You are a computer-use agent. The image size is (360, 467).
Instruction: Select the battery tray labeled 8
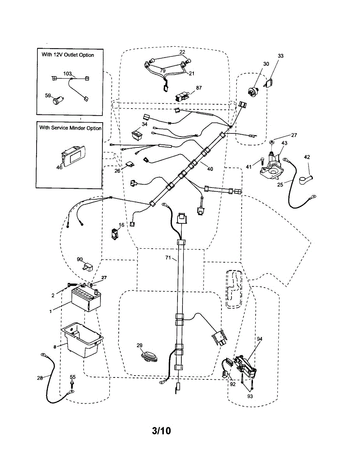pos(82,340)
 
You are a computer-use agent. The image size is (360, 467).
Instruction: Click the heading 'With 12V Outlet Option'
pos(68,55)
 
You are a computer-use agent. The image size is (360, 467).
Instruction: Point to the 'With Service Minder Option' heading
pos(70,128)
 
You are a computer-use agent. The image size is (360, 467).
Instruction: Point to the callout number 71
pos(168,258)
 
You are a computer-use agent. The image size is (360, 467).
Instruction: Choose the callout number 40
pos(210,169)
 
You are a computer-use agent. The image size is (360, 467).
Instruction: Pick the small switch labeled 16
pos(114,234)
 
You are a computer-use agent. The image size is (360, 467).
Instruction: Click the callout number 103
pos(67,74)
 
